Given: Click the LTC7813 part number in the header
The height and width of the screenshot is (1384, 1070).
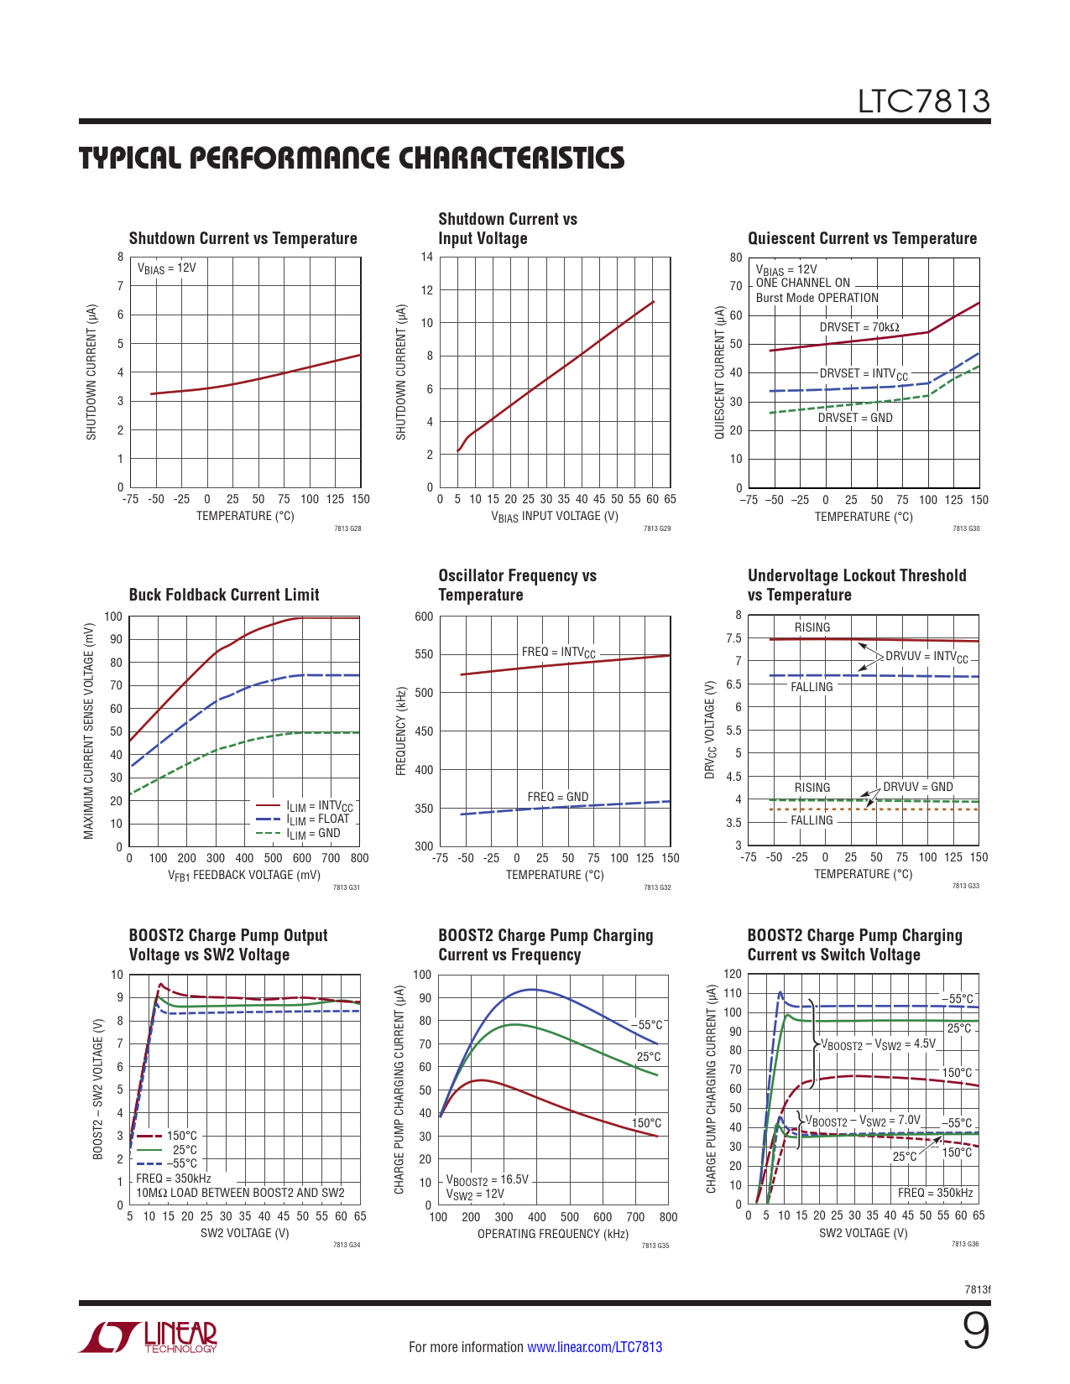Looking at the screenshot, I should (x=923, y=101).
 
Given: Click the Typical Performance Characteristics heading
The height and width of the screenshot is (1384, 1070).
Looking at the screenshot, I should (x=352, y=159).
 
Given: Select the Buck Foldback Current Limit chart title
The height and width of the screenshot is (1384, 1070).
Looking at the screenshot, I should (x=224, y=595).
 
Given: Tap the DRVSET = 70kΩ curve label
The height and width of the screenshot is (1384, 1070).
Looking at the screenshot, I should (x=859, y=327).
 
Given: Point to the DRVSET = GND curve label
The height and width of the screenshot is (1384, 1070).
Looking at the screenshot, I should (x=855, y=418).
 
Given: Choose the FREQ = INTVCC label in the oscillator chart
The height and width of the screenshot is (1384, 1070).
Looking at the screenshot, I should (x=558, y=653).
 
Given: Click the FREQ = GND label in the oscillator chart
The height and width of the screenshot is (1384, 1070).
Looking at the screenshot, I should (x=558, y=797).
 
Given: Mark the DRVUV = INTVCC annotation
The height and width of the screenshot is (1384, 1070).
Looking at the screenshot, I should (x=926, y=657).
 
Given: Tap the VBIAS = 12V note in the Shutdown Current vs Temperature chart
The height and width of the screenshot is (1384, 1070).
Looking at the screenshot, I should (x=166, y=268).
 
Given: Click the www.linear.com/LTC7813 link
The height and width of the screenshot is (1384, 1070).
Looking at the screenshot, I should (x=594, y=1347).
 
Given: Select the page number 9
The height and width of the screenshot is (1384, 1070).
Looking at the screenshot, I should (x=975, y=1331).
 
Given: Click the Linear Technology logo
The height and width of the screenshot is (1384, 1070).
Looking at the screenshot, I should (x=149, y=1337).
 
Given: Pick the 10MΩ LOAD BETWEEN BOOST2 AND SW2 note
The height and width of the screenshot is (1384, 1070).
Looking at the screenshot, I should (x=240, y=1193).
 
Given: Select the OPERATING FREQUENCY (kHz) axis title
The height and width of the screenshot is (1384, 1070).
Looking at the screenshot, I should (x=553, y=1234).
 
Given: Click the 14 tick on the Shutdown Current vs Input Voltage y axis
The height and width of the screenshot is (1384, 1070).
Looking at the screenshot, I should (x=427, y=258).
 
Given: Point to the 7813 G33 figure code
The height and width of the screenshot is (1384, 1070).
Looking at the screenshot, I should (x=965, y=886).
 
